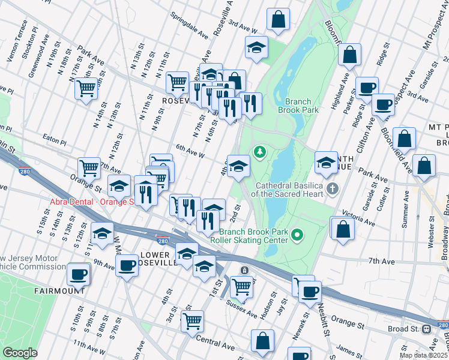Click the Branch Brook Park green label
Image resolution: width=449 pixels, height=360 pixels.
click(298, 106)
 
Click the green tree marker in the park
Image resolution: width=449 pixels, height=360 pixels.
click(260, 152)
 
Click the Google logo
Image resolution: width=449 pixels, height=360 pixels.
click(20, 353)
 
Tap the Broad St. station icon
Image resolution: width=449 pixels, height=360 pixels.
click(427, 329)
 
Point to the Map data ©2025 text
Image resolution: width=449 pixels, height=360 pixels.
click(424, 355)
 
